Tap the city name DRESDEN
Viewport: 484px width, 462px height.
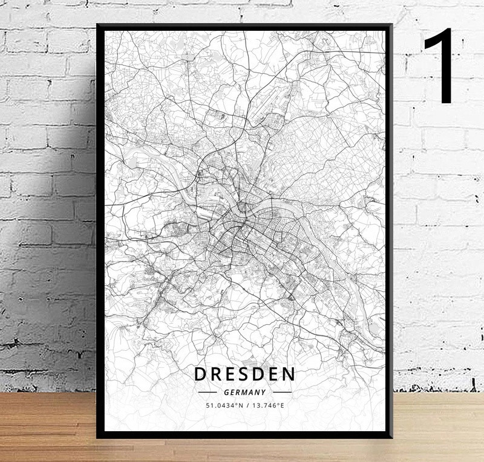[245, 374]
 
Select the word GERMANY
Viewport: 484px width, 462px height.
[245, 392]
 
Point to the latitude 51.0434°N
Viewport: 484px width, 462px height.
[224, 405]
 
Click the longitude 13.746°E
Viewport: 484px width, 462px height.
[268, 405]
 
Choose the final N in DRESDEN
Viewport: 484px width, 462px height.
[289, 374]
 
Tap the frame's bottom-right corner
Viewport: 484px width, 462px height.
[391, 437]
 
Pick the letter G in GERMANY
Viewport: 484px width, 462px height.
[226, 392]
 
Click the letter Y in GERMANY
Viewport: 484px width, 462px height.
[264, 392]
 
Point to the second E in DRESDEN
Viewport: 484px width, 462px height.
[275, 374]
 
